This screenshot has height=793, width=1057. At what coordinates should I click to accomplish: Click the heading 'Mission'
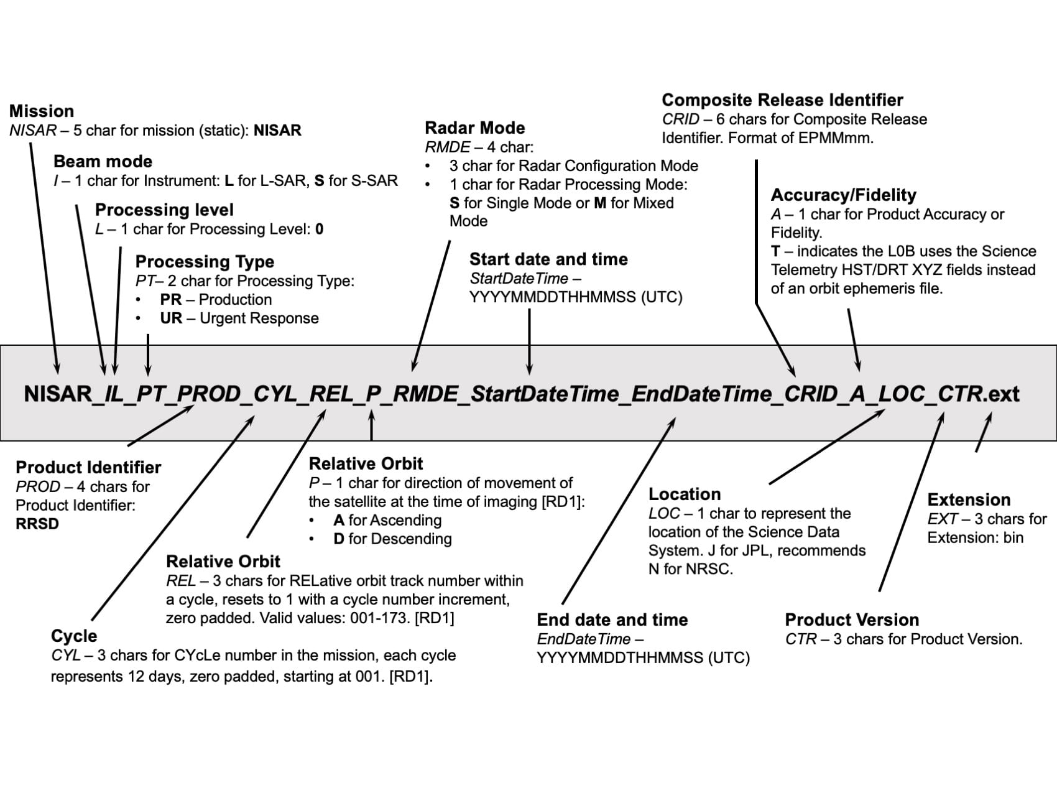pyautogui.click(x=41, y=111)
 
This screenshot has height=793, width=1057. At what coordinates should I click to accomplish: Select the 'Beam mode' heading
pyautogui.click(x=103, y=162)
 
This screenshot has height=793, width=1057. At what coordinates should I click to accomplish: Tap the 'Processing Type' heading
pyautogui.click(x=205, y=262)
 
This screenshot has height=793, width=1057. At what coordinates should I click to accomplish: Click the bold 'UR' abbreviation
pyautogui.click(x=171, y=318)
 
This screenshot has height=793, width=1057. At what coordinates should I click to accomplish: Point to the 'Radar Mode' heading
pyautogui.click(x=474, y=128)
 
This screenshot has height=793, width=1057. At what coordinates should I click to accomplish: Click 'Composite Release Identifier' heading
pyautogui.click(x=782, y=100)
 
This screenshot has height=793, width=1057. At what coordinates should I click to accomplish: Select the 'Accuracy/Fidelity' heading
pyautogui.click(x=843, y=195)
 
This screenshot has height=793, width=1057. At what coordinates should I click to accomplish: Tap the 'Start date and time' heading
pyautogui.click(x=548, y=259)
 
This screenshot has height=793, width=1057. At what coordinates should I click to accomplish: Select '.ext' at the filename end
pyautogui.click(x=1002, y=394)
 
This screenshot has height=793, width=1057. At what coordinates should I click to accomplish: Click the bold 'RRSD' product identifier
pyautogui.click(x=37, y=524)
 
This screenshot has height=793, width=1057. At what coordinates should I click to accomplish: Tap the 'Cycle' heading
pyautogui.click(x=74, y=636)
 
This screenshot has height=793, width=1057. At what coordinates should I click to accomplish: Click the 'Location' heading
pyautogui.click(x=685, y=494)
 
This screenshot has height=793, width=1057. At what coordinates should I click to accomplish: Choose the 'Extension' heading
pyautogui.click(x=969, y=500)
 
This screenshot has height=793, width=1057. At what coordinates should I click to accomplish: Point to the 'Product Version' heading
pyautogui.click(x=852, y=620)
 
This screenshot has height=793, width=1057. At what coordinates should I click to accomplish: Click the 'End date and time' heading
pyautogui.click(x=612, y=620)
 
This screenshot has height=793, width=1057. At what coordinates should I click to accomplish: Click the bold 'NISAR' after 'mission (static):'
pyautogui.click(x=277, y=131)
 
